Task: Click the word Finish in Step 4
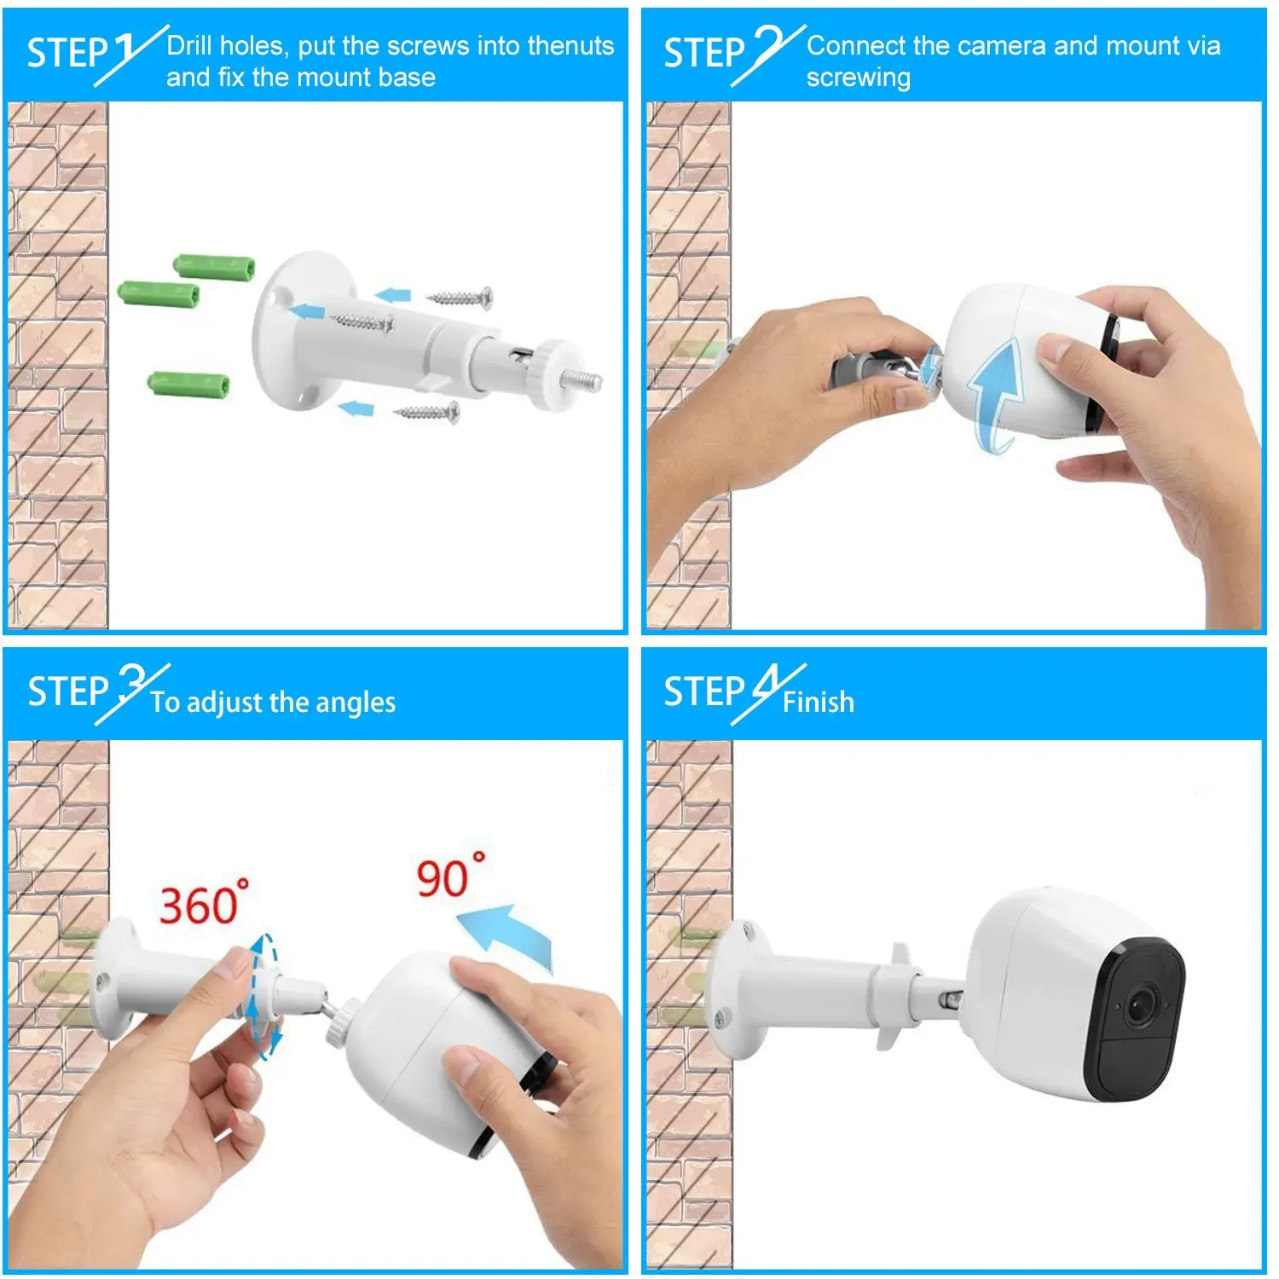pyautogui.click(x=818, y=702)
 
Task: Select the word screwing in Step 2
pyautogui.click(x=858, y=78)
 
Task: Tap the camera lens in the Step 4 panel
pyautogui.click(x=1141, y=1006)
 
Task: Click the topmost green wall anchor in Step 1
pyautogui.click(x=214, y=265)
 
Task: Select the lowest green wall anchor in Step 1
pyautogui.click(x=188, y=384)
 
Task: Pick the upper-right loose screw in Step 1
pyautogui.click(x=460, y=298)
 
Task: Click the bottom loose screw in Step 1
pyautogui.click(x=426, y=413)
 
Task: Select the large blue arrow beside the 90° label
pyautogui.click(x=508, y=933)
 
